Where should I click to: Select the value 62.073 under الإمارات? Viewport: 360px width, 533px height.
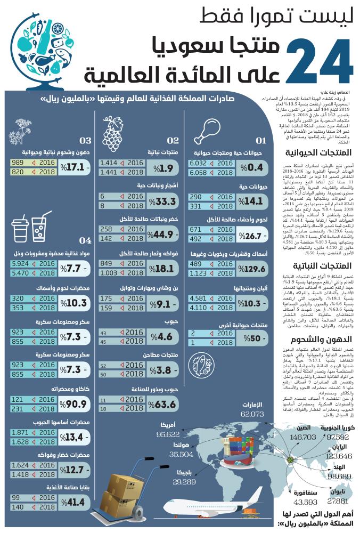[x=252, y=414]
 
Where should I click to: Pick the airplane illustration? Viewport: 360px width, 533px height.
[x=213, y=506]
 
